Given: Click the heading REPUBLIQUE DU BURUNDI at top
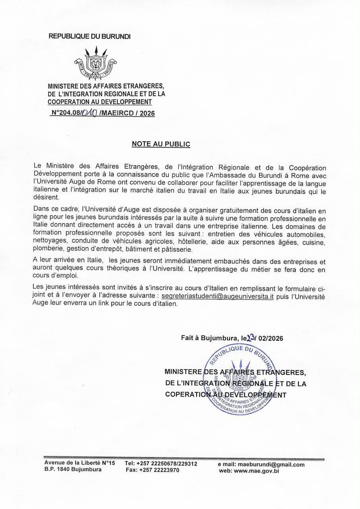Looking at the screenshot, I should [89, 36].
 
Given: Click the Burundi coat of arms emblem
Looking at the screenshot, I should [95, 64].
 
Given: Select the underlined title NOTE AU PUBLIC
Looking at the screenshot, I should [161, 144].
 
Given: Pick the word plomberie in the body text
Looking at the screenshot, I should [46, 249].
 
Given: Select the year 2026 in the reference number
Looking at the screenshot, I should [147, 113].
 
